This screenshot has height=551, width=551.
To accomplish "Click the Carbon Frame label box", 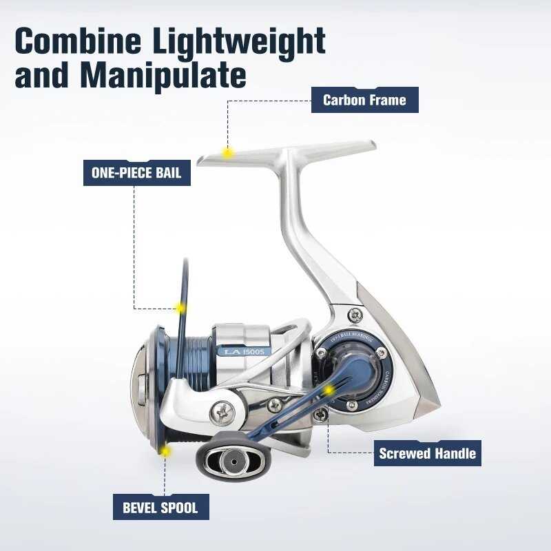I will pos(364,100).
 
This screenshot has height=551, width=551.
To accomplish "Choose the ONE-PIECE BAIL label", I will pos(136,172).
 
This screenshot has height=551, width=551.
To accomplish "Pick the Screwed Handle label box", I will pos(427,453).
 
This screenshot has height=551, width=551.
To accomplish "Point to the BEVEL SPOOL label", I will pos(160,508).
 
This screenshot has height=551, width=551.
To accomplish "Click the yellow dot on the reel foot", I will pos(227,152).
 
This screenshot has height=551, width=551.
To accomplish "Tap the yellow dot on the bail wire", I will pos(181,308).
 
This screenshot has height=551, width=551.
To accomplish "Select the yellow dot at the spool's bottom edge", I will pos(165,451).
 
